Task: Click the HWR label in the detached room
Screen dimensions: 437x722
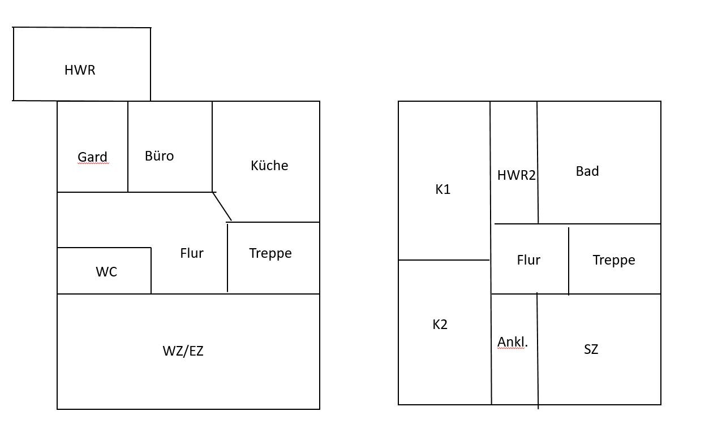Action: click(x=80, y=70)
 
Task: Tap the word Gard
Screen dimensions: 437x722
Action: click(x=92, y=157)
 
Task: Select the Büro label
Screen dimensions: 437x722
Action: click(x=159, y=156)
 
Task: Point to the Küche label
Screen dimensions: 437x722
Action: click(x=269, y=166)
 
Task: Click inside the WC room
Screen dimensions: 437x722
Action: click(x=106, y=272)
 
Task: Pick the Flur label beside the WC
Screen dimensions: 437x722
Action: click(x=192, y=253)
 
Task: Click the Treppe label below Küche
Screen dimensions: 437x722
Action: click(x=270, y=253)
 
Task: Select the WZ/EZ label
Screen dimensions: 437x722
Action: click(x=183, y=351)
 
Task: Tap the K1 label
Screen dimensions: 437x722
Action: click(x=443, y=189)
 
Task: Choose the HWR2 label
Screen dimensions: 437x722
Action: click(x=516, y=175)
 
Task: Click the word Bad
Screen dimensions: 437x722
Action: click(x=587, y=171)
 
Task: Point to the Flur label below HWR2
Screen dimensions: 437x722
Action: click(x=528, y=260)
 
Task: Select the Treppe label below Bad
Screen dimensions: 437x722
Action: click(x=614, y=260)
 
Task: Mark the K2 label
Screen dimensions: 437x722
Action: click(x=440, y=324)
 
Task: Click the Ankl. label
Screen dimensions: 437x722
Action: click(x=513, y=342)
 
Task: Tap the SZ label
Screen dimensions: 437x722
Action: click(x=591, y=349)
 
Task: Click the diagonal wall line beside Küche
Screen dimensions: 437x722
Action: click(x=222, y=206)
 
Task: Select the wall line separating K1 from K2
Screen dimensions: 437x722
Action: click(x=444, y=260)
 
